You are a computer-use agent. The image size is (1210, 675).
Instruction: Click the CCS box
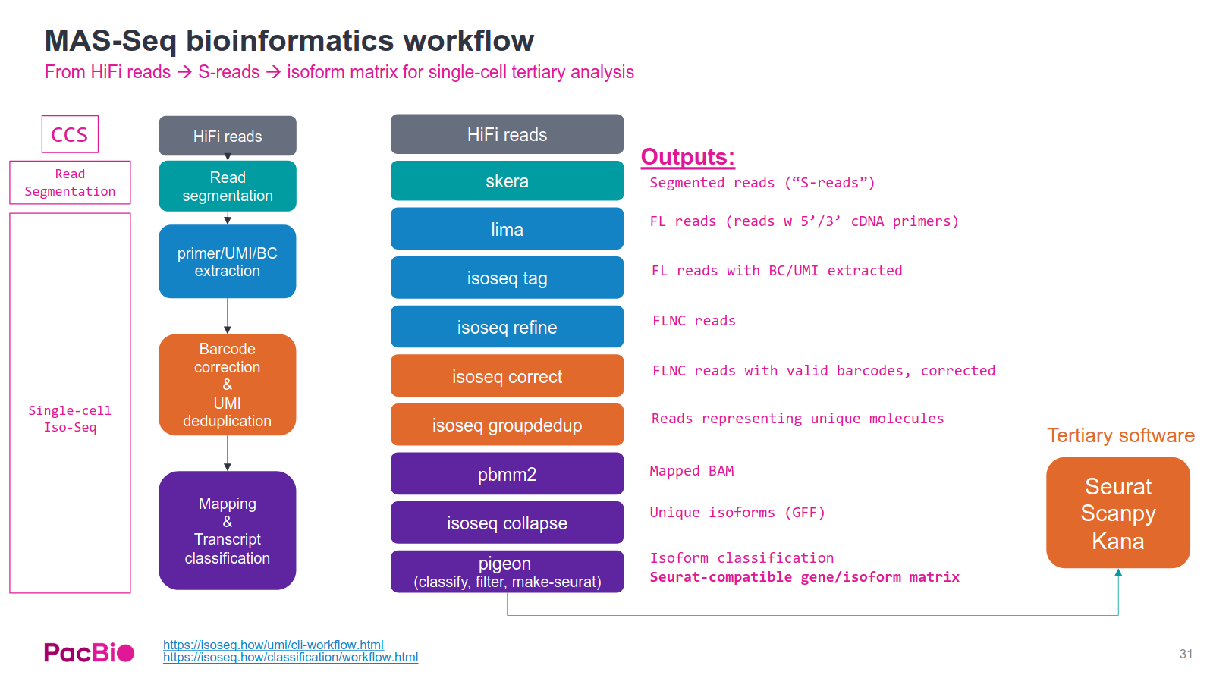point(70,134)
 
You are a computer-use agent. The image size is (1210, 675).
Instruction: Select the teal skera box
point(507,181)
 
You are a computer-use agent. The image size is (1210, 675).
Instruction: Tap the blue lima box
point(507,229)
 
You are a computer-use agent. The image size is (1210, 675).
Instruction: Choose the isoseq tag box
point(507,278)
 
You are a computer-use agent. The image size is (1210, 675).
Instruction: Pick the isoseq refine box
point(507,327)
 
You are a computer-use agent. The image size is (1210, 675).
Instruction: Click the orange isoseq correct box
point(507,376)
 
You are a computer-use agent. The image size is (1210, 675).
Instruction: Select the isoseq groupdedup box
point(507,425)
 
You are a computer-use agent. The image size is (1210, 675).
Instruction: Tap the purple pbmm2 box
point(507,474)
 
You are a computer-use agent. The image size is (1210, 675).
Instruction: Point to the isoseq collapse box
point(507,523)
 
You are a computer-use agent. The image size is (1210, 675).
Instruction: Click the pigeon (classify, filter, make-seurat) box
point(507,572)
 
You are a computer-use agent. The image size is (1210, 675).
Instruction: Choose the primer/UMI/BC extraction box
point(227,262)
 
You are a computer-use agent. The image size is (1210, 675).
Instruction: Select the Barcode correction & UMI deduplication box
point(227,385)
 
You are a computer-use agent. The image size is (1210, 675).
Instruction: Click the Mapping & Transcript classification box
point(227,530)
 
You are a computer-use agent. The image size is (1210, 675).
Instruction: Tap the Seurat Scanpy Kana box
point(1117,513)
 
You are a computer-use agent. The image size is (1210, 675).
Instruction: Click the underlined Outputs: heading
point(687,157)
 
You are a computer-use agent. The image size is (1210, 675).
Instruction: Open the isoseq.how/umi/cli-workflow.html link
point(273,645)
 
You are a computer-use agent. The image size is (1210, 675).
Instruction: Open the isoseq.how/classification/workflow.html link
point(291,658)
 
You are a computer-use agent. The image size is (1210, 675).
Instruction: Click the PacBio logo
point(89,652)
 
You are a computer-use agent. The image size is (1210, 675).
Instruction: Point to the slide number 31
point(1186,654)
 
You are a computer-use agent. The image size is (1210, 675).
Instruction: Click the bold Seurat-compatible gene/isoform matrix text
point(804,577)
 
